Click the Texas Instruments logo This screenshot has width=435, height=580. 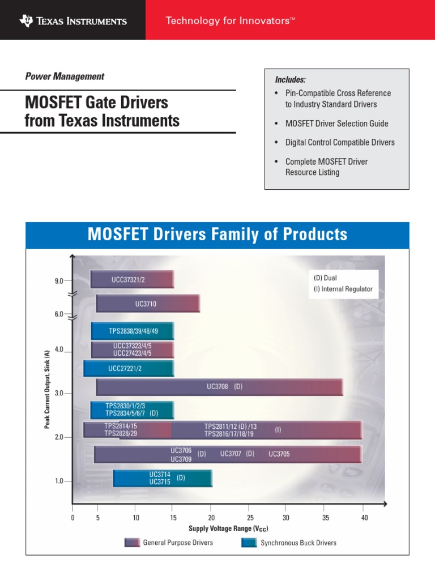pos(73,21)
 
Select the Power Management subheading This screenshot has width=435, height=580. pos(65,76)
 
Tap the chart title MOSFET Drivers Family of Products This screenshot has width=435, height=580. pos(217,234)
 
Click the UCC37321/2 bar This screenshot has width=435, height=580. pos(132,280)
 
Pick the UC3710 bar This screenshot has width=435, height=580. pos(148,304)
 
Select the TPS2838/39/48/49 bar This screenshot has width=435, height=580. pos(133,331)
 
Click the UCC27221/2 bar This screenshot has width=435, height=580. pos(129,368)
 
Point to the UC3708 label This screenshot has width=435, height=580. pos(217,387)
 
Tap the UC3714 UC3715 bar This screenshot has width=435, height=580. pos(163,478)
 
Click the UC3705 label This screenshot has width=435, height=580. pos(279,454)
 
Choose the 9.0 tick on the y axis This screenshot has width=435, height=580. pos(59,280)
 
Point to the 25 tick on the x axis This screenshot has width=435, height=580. pos(250,518)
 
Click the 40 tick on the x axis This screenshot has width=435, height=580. pos(364,518)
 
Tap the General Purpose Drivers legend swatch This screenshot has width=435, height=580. pos(131,543)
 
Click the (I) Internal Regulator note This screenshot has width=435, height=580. pos(343,289)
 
